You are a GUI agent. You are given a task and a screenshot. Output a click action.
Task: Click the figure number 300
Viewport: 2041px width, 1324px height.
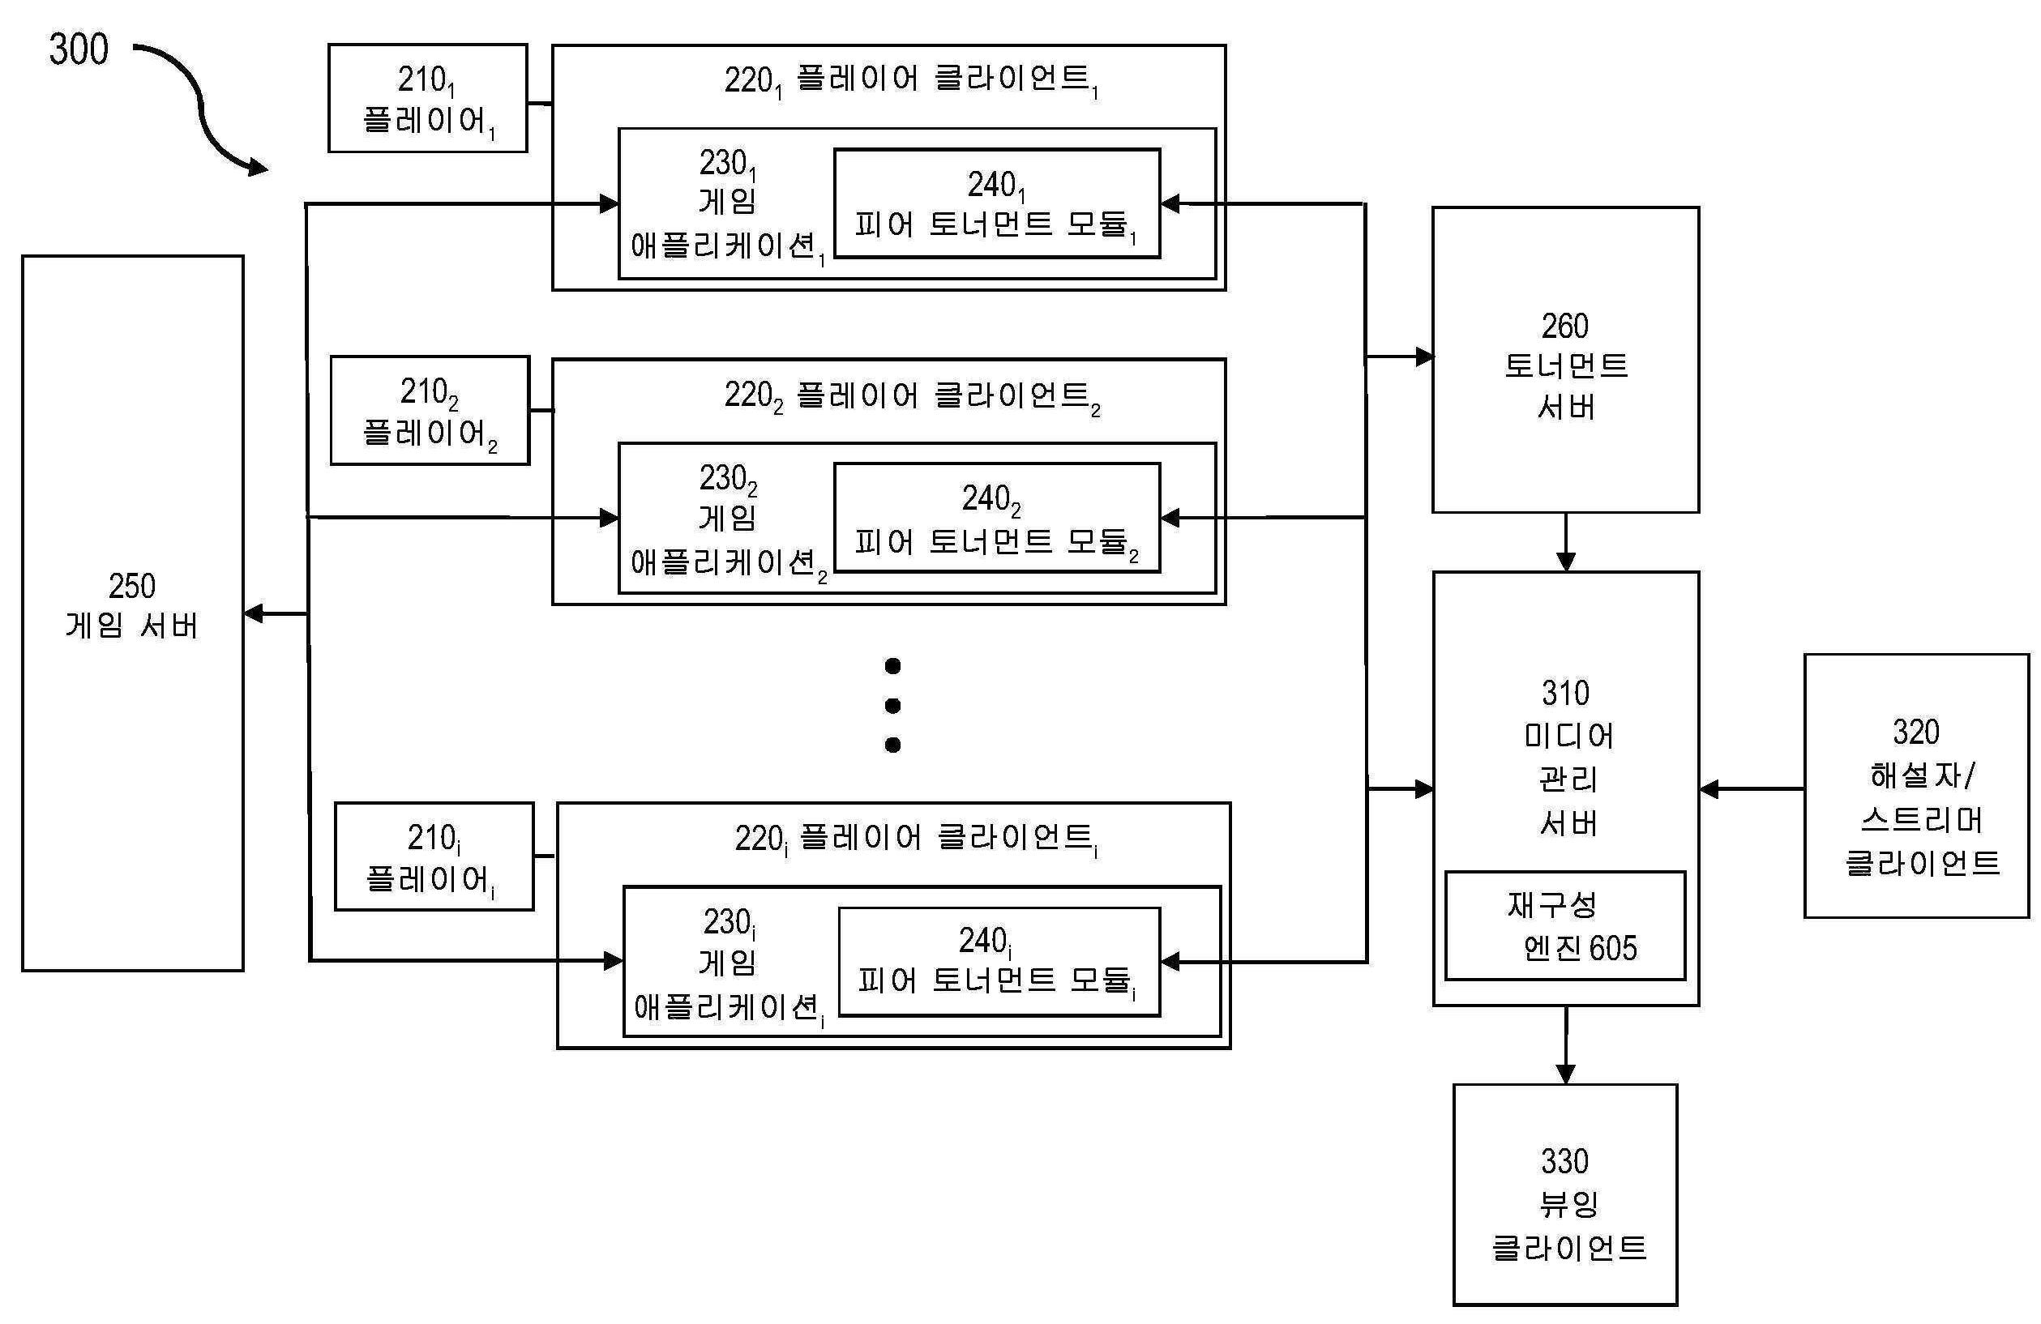pyautogui.click(x=78, y=49)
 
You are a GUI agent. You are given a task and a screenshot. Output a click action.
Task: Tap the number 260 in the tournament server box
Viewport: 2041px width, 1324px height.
pyautogui.click(x=1564, y=326)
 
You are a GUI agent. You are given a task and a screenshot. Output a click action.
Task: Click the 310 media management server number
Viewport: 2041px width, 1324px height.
pyautogui.click(x=1565, y=693)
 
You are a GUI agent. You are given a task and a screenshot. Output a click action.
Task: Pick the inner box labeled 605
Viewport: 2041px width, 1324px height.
pyautogui.click(x=1564, y=926)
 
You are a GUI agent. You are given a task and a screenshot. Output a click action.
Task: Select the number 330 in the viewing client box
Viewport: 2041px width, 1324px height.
pyautogui.click(x=1564, y=1161)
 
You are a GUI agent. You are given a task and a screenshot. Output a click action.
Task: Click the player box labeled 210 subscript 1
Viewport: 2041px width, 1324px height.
pyautogui.click(x=427, y=99)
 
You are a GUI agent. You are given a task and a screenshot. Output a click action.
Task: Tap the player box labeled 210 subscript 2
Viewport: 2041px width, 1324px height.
pyautogui.click(x=430, y=411)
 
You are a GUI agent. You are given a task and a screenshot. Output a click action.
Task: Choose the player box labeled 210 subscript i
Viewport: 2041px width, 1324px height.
pyautogui.click(x=433, y=856)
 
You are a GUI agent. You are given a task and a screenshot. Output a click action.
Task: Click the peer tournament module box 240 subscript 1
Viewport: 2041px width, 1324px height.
pyautogui.click(x=996, y=203)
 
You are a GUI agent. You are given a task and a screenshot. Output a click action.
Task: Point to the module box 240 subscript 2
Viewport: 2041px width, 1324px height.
pyautogui.click(x=996, y=517)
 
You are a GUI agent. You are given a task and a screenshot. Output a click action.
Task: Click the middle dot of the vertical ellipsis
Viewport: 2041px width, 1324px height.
pyautogui.click(x=892, y=706)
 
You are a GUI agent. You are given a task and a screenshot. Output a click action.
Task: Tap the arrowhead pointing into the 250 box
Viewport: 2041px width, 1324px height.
pyautogui.click(x=253, y=614)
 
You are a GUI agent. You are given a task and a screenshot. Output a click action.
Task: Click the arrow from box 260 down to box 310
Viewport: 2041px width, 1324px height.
pyautogui.click(x=1565, y=543)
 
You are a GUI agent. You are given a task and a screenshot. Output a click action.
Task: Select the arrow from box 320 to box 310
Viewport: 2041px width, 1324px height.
pyautogui.click(x=1749, y=789)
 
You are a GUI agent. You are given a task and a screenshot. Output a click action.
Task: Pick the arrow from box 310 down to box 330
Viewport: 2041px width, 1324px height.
pyautogui.click(x=1565, y=1044)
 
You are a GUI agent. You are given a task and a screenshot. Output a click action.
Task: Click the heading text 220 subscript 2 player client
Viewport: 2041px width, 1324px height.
pyautogui.click(x=911, y=396)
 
